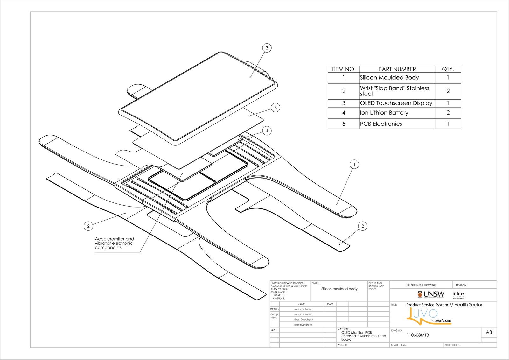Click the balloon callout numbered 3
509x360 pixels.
tap(267, 48)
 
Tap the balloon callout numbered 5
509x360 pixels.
tap(275, 108)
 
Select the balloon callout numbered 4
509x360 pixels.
tap(267, 131)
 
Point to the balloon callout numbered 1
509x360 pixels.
tap(354, 164)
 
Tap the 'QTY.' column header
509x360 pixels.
tap(448, 69)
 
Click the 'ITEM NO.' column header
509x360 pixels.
tap(344, 69)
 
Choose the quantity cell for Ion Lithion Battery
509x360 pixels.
tap(448, 113)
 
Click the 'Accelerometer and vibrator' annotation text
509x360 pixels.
tap(114, 243)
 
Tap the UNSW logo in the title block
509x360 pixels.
tap(431, 294)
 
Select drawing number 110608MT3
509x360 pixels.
tap(418, 335)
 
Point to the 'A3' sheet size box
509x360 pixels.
tap(489, 332)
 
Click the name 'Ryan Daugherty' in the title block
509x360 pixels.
tap(303, 319)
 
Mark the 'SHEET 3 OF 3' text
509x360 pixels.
tap(452, 345)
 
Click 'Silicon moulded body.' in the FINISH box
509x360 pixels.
tap(340, 289)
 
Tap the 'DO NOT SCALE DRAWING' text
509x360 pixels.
tap(421, 285)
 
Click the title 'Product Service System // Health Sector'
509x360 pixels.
tap(444, 305)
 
